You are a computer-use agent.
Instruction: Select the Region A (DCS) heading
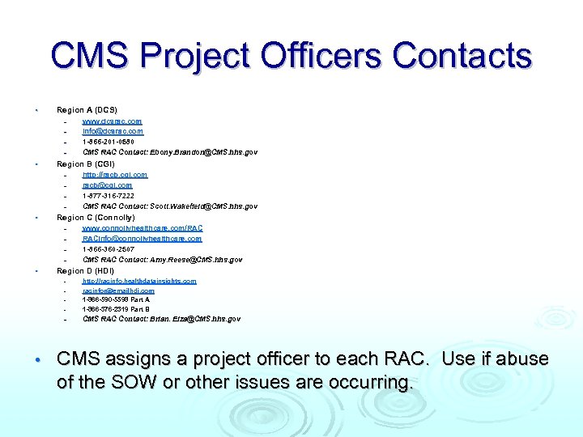[x=87, y=109]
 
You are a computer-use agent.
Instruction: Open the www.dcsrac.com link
[x=112, y=121]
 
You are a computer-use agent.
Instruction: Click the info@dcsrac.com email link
[x=113, y=131]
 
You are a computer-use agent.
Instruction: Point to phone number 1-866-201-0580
[x=109, y=142]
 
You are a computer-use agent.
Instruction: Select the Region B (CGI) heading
[x=85, y=164]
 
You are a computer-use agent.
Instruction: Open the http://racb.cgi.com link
[x=115, y=175]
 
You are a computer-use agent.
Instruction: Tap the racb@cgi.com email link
[x=108, y=185]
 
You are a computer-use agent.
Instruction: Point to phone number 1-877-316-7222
[x=109, y=196]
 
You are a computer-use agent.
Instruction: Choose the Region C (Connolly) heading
[x=96, y=218]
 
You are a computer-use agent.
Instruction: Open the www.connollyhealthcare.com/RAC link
[x=143, y=229]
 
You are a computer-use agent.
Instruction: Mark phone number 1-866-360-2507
[x=109, y=249]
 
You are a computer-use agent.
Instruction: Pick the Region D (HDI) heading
[x=85, y=271]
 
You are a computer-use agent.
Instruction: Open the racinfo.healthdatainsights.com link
[x=139, y=282]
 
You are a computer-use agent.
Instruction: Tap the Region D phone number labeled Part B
[x=116, y=309]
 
